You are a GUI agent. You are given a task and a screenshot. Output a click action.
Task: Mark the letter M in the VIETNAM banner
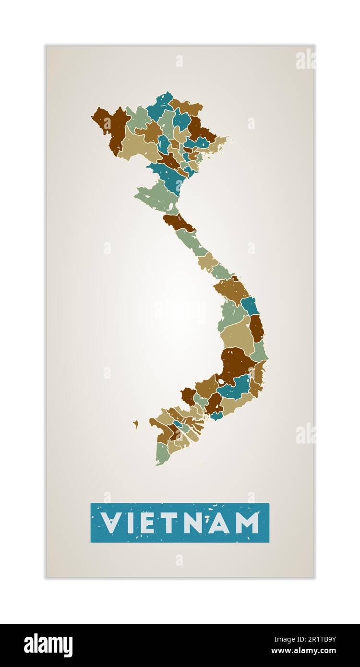click(x=248, y=523)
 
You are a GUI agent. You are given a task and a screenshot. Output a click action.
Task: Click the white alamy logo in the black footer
click(x=48, y=645)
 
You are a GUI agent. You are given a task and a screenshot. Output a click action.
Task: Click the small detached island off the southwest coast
click(x=136, y=424)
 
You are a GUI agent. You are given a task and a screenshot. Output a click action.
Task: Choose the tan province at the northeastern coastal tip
click(x=219, y=143)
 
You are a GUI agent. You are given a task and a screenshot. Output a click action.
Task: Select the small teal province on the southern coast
click(x=216, y=416)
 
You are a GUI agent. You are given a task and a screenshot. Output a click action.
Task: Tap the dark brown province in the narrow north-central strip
click(x=179, y=222)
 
